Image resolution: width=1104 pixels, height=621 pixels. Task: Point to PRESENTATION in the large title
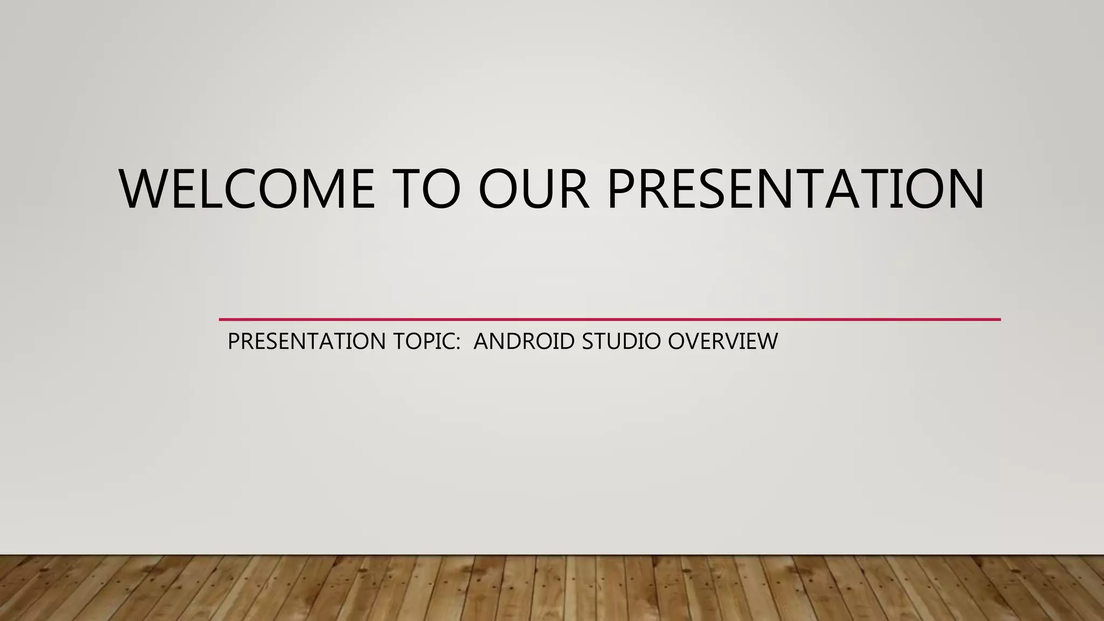(796, 189)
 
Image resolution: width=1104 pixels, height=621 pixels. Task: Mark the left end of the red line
(220, 320)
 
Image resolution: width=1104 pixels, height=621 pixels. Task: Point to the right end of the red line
(999, 320)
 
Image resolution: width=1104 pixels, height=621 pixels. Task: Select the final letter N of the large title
(964, 189)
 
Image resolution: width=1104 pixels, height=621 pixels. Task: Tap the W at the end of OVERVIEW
(767, 341)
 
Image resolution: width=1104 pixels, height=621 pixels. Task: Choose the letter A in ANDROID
(481, 341)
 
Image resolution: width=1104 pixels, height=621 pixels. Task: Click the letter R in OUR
(574, 189)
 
